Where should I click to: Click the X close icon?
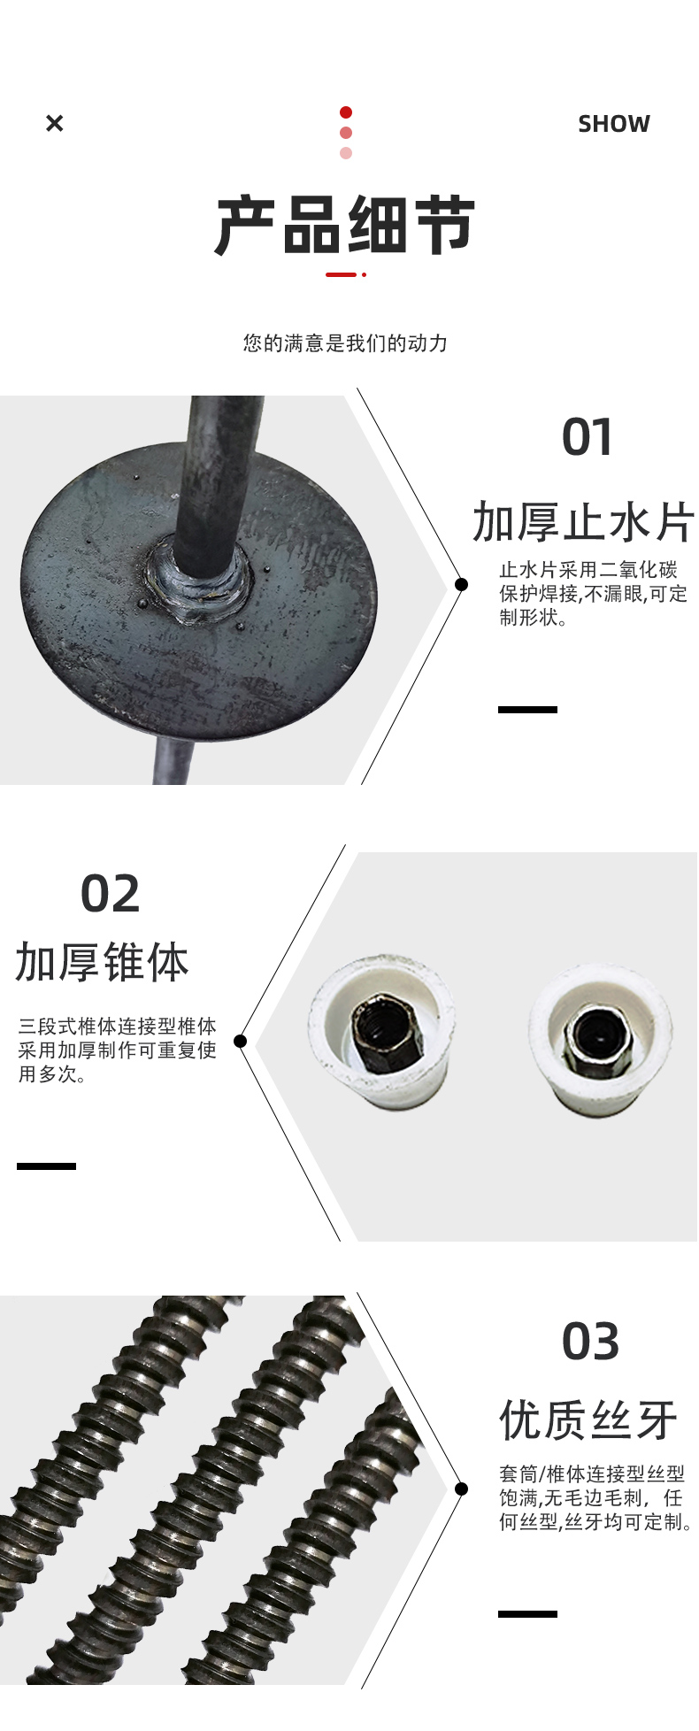tap(54, 123)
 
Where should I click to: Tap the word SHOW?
tap(614, 124)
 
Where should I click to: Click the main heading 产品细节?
tap(346, 227)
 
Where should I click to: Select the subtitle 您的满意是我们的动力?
tap(346, 342)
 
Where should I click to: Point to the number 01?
tap(588, 437)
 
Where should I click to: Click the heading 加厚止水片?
tap(584, 521)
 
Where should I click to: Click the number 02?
tap(111, 894)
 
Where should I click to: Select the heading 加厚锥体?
tap(103, 962)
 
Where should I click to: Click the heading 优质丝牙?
tap(588, 1420)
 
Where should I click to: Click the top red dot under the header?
tap(346, 112)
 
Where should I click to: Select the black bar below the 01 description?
tap(527, 710)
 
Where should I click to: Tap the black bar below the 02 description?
tap(46, 1166)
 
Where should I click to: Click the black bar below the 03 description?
tap(527, 1614)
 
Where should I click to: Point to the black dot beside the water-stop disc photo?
tap(461, 584)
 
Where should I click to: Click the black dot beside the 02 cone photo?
tap(240, 1042)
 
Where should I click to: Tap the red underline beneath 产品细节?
tap(346, 274)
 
